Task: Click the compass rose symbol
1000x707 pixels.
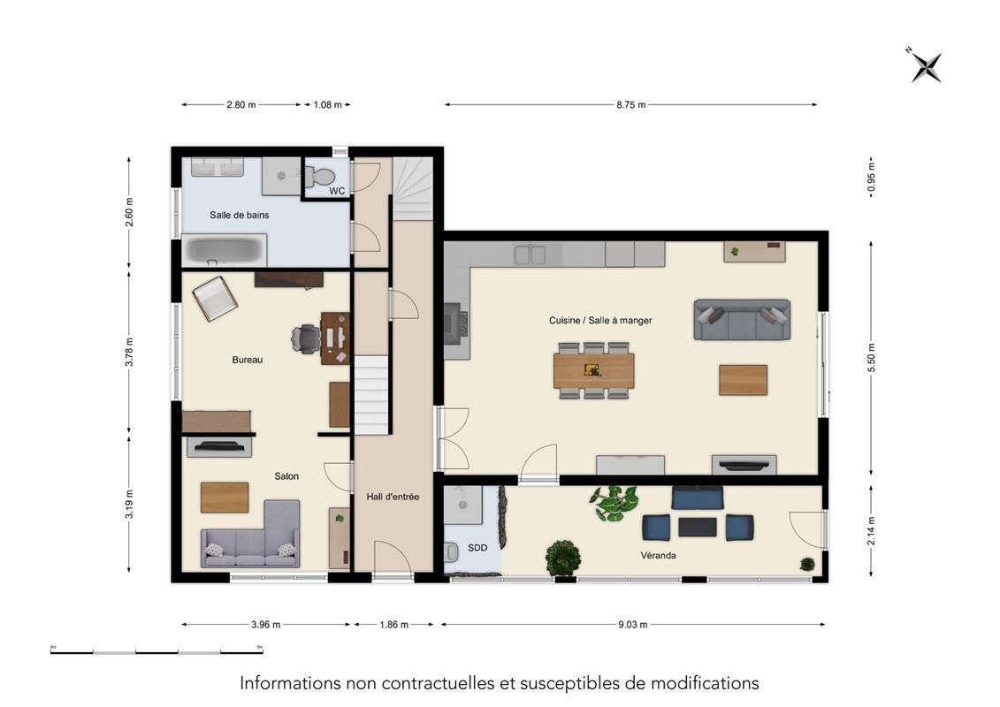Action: pos(926,66)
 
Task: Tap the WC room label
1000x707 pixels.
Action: pos(337,191)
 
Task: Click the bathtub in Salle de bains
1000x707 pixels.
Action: pos(224,250)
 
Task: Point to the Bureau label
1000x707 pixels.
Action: pos(248,360)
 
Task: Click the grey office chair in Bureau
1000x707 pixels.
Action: pos(306,338)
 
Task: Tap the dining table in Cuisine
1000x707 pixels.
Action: pos(594,370)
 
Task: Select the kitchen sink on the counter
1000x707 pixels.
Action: pos(530,255)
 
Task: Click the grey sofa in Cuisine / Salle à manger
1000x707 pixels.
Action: pos(742,319)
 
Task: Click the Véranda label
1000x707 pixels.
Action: pos(658,555)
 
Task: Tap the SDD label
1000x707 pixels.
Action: pos(477,548)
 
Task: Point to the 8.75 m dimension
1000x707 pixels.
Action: pos(630,104)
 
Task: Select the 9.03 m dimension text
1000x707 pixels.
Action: pos(633,625)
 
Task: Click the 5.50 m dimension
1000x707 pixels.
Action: pos(871,358)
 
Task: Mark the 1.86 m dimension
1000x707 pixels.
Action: pos(393,625)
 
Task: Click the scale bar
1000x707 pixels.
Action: pos(156,651)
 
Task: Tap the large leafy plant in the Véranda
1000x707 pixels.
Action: pos(615,503)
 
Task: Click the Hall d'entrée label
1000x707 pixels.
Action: pos(393,497)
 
